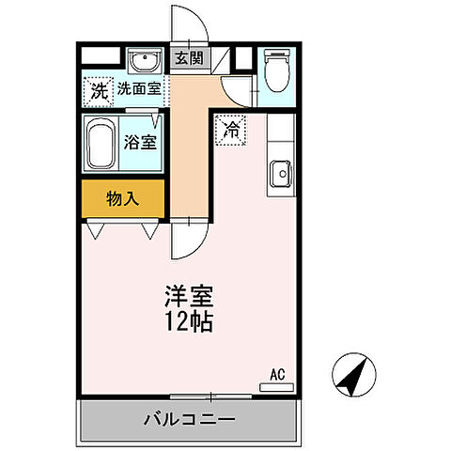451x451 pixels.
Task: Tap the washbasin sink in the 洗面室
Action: [x=147, y=63]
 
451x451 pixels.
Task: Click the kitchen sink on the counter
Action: [x=280, y=174]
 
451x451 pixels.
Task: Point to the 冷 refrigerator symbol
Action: [x=230, y=131]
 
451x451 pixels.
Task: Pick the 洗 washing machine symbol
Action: [x=99, y=91]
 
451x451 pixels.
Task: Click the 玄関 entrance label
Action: [x=189, y=58]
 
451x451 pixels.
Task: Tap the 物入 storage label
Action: [x=123, y=198]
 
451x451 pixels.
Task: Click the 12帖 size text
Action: [x=191, y=322]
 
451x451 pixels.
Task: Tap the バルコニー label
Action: [x=189, y=418]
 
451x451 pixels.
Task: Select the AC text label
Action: [x=277, y=374]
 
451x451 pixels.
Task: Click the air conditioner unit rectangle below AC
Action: [x=275, y=386]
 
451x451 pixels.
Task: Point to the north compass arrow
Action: [x=352, y=378]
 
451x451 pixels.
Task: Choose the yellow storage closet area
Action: [x=123, y=199]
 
